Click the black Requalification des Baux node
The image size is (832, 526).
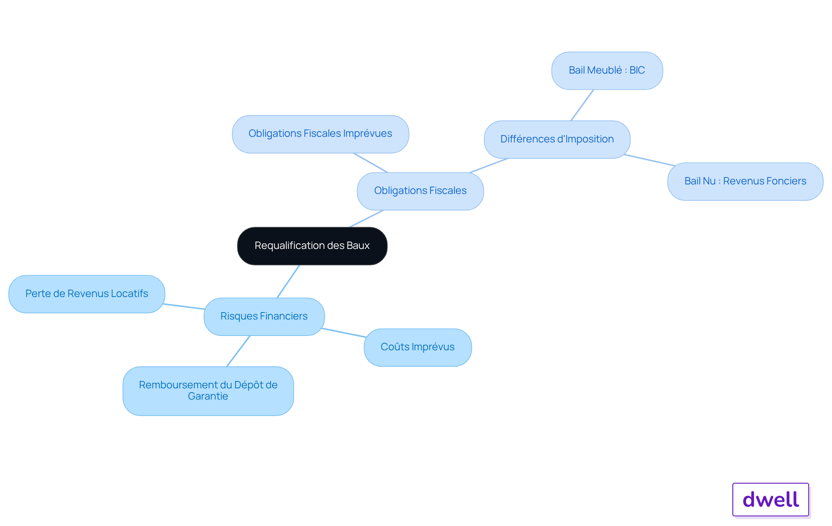312,246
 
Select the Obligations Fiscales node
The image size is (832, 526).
420,191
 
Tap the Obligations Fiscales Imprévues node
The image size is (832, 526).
320,134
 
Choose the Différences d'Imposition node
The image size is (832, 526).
557,139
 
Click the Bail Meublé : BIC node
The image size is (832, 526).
607,71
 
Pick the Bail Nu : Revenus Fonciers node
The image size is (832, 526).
745,181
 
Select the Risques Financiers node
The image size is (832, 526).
264,316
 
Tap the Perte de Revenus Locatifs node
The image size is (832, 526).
87,294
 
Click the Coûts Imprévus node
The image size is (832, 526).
418,348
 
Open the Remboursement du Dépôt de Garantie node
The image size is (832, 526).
208,391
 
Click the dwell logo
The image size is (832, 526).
771,500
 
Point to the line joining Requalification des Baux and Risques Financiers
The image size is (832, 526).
288,281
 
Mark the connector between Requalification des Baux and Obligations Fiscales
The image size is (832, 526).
367,219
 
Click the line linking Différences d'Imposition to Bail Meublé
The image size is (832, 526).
582,105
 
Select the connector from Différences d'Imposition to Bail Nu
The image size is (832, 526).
650,160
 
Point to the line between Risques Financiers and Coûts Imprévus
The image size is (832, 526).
344,332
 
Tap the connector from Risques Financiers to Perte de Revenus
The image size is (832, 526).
184,307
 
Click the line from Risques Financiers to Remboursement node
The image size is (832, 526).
238,351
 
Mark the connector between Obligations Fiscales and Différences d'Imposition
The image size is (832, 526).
488,166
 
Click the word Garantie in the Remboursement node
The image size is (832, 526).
208,397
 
